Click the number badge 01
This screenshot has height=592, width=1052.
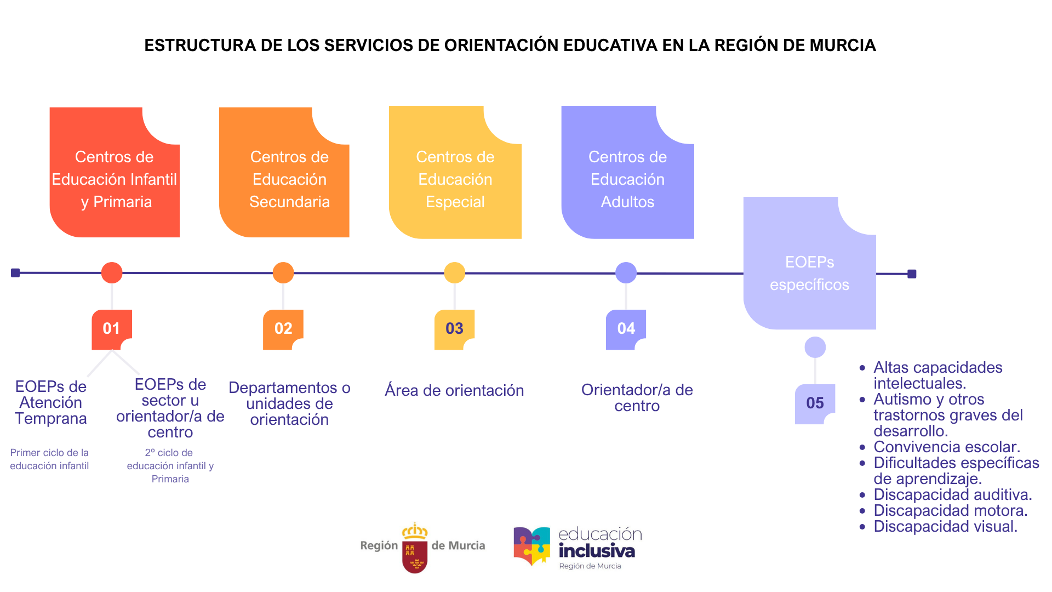coord(111,329)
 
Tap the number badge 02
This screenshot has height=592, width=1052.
coord(283,329)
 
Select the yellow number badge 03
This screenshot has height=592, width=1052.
coord(454,329)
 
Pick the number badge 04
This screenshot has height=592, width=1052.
coord(626,329)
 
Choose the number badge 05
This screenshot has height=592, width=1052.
coord(815,403)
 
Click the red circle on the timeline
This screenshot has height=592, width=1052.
coord(112,272)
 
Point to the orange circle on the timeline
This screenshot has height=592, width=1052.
coord(283,272)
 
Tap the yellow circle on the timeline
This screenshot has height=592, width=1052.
coord(455,272)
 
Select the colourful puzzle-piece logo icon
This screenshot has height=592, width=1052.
coord(531,546)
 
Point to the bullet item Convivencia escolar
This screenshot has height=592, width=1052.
coord(946,447)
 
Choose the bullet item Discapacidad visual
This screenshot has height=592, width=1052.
coord(945,526)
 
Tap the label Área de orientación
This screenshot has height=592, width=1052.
coord(454,390)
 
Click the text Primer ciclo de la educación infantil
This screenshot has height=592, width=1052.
coord(49,459)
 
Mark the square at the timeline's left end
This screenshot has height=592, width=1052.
coord(15,272)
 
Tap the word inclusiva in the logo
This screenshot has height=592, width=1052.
coord(597,550)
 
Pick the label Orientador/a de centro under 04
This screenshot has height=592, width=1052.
coord(637,397)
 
